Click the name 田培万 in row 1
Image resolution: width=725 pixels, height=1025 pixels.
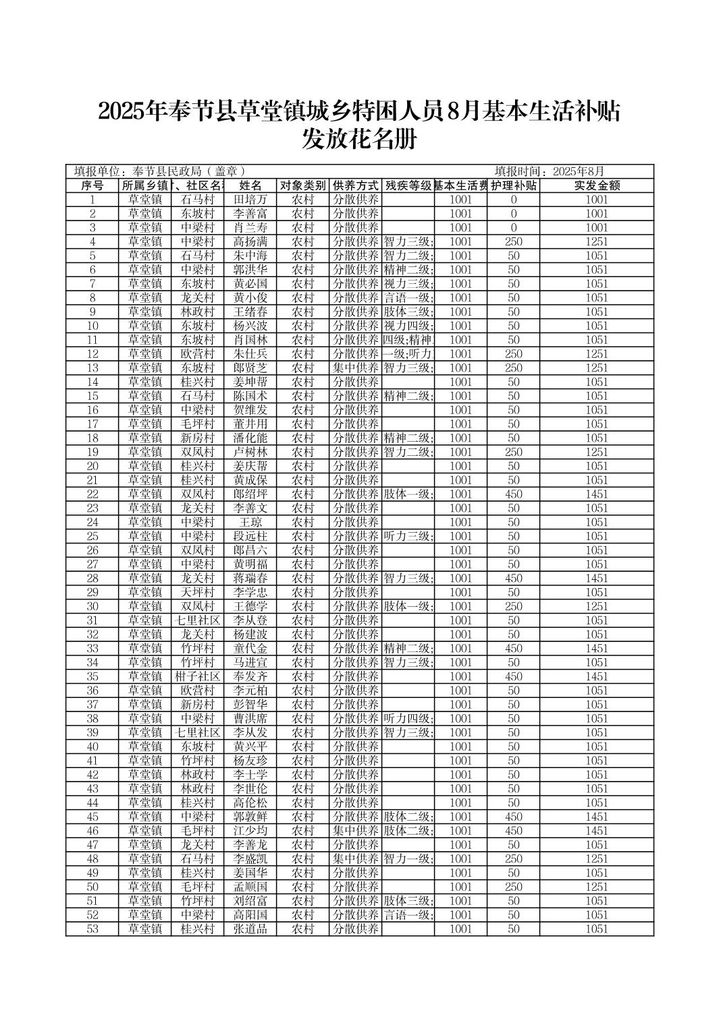(250, 200)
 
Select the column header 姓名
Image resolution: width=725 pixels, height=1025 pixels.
(250, 185)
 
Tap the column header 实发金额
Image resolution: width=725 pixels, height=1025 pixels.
(597, 185)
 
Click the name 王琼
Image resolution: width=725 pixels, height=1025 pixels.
(250, 523)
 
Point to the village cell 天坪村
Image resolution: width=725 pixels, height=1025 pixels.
(197, 593)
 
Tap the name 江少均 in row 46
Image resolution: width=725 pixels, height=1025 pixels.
(250, 831)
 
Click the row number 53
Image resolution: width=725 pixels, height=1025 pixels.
(92, 929)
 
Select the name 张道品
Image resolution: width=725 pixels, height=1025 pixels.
(250, 929)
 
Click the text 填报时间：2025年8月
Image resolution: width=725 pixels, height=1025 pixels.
(549, 171)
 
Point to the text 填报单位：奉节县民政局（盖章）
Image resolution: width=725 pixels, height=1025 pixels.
(159, 171)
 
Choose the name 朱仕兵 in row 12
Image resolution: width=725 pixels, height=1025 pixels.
(250, 354)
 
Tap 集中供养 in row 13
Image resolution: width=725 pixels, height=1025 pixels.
(356, 368)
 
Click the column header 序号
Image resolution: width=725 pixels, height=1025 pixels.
(92, 185)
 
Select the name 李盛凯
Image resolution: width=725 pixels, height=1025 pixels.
(250, 859)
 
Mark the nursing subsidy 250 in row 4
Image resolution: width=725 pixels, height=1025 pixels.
(513, 241)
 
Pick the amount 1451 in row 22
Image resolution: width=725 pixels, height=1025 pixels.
(597, 494)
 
